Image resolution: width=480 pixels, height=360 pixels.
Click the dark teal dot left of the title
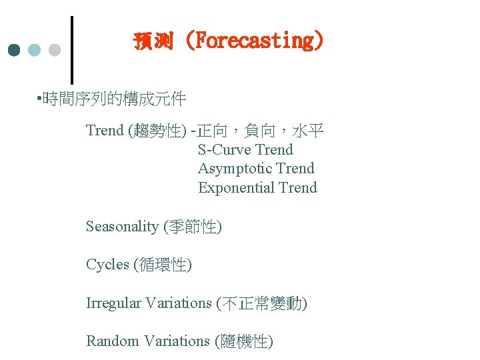(15, 50)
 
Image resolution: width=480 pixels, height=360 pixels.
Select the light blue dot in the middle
(35, 50)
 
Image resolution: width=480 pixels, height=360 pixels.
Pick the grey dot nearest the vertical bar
(55, 50)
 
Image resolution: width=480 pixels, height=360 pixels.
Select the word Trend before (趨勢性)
(105, 130)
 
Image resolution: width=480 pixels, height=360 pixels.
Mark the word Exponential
(236, 187)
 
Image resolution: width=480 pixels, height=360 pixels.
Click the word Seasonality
(122, 227)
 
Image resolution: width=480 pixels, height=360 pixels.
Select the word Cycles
(107, 265)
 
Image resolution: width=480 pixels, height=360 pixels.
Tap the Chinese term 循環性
(162, 265)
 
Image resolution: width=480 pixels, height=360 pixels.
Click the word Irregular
(113, 303)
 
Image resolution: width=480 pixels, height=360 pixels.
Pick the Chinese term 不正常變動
(261, 303)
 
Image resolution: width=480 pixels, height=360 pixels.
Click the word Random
(110, 341)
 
